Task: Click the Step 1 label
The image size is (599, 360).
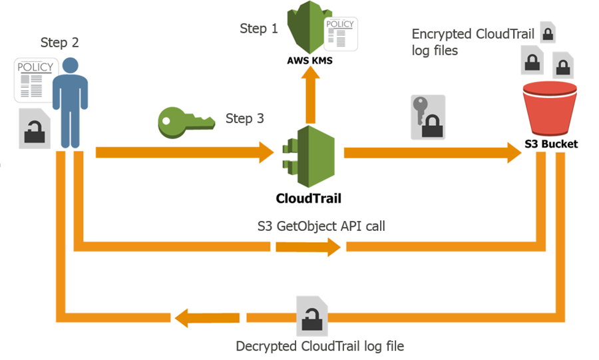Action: click(x=259, y=29)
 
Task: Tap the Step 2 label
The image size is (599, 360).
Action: click(x=59, y=43)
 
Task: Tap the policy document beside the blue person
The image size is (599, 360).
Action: click(x=30, y=79)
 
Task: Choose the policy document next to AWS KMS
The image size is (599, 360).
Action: click(x=339, y=33)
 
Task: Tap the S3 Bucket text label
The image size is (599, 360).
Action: click(x=550, y=144)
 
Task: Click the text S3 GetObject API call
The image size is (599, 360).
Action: click(x=321, y=226)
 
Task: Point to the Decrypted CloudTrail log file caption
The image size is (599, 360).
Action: click(x=319, y=346)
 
